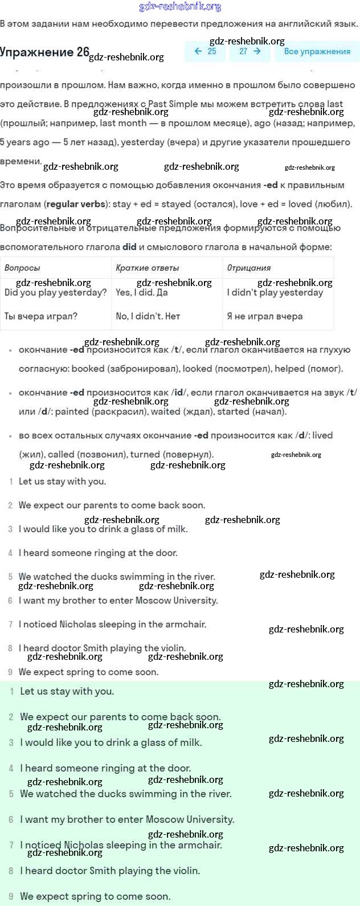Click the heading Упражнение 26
click(44, 52)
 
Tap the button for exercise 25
click(205, 51)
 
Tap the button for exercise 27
click(250, 51)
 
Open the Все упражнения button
click(317, 51)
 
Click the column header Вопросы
click(22, 268)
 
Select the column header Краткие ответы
click(147, 268)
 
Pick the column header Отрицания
click(249, 268)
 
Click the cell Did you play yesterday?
click(55, 293)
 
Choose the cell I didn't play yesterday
click(275, 293)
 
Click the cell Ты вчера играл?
click(40, 316)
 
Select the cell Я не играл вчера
click(264, 316)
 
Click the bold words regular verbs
click(76, 204)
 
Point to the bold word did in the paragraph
click(129, 247)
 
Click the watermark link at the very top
click(180, 7)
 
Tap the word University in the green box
click(207, 819)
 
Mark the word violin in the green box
click(186, 871)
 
